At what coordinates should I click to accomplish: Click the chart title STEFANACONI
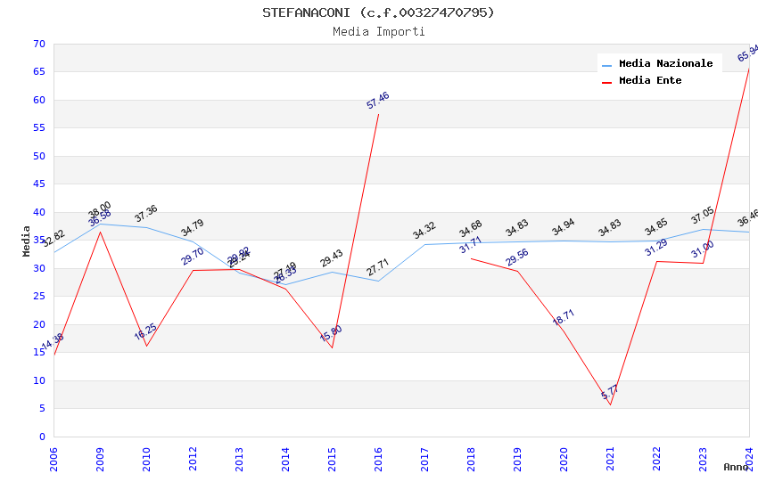(x=378, y=12)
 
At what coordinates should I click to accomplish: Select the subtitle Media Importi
(x=378, y=31)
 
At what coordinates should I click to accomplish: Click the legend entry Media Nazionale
(x=665, y=63)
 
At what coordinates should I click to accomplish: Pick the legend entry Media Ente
(x=649, y=80)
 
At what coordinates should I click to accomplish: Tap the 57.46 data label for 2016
(x=378, y=101)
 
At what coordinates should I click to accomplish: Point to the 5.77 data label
(x=610, y=392)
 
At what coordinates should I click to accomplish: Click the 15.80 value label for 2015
(x=331, y=333)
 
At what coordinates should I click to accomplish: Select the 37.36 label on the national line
(x=146, y=214)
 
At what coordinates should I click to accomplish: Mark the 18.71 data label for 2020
(x=564, y=317)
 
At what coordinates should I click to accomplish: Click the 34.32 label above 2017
(x=424, y=231)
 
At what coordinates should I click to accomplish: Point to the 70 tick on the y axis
(x=37, y=44)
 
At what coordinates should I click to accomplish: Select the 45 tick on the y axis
(x=37, y=184)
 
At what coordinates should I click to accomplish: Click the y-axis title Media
(x=27, y=241)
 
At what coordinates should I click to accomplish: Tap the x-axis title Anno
(x=737, y=467)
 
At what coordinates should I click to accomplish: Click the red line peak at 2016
(x=378, y=114)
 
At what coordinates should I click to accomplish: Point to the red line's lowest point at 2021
(x=610, y=404)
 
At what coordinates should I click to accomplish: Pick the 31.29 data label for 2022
(x=656, y=249)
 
